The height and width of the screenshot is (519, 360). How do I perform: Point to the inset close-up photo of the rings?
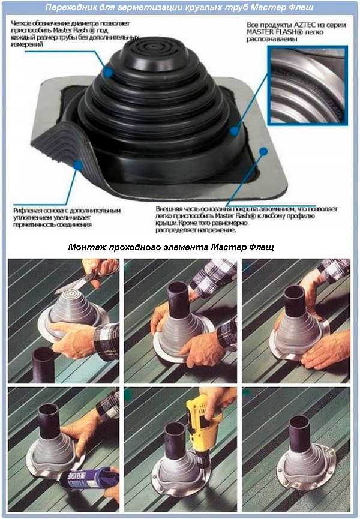click(x=307, y=85)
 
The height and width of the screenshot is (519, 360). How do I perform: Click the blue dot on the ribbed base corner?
click(x=78, y=164)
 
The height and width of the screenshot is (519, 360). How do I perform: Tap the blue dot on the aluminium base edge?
click(x=263, y=152)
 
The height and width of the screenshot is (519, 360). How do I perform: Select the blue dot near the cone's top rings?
click(x=108, y=71)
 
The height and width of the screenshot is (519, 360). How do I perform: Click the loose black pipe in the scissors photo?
click(x=44, y=364)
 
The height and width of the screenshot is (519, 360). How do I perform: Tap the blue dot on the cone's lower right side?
click(x=234, y=131)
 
